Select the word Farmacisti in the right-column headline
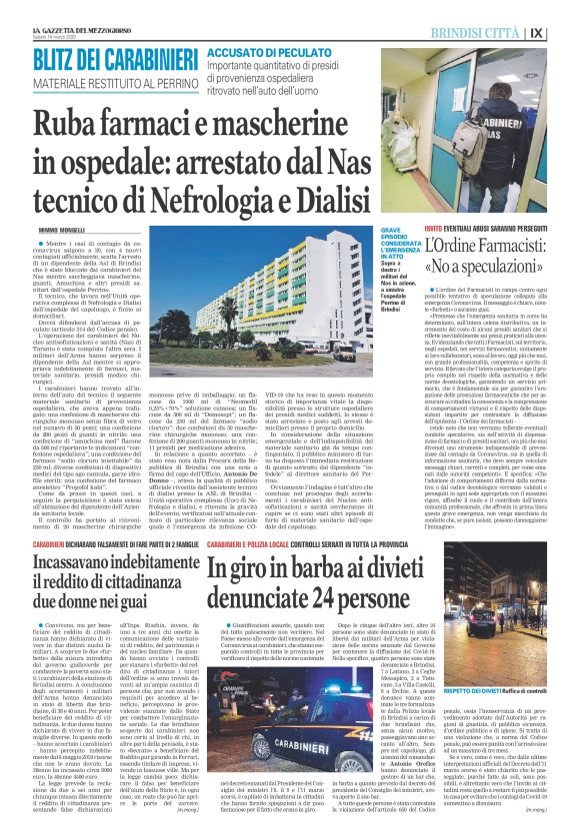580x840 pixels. point(518,247)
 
